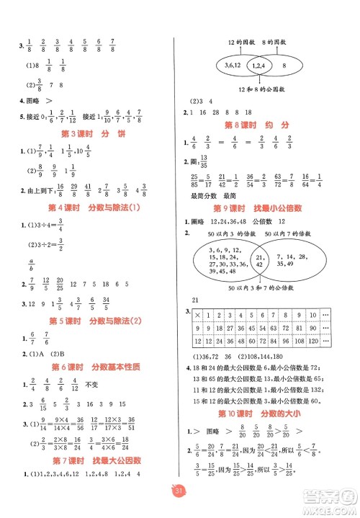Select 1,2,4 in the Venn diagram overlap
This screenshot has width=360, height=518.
[257, 66]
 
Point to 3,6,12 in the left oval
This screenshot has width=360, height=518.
[231, 66]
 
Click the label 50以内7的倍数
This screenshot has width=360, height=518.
[288, 235]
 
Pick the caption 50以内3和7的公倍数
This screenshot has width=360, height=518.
[259, 289]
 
